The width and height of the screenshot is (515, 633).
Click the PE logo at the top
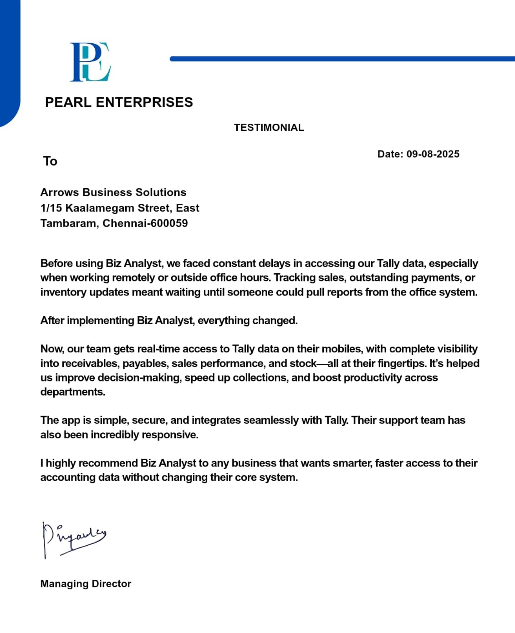pyautogui.click(x=90, y=62)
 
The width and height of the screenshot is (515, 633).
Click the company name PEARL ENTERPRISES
pyautogui.click(x=119, y=102)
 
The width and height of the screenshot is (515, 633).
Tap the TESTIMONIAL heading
pyautogui.click(x=269, y=128)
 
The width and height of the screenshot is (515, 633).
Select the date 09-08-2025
pyautogui.click(x=433, y=154)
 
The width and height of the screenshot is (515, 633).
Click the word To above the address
pyautogui.click(x=50, y=161)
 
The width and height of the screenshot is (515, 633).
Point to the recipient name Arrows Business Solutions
pyautogui.click(x=113, y=192)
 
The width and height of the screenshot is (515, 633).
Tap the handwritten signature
pyautogui.click(x=73, y=538)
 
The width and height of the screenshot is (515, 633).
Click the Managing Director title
pyautogui.click(x=86, y=584)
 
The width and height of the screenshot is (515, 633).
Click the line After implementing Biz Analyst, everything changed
pyautogui.click(x=169, y=321)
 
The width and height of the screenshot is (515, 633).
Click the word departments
pyautogui.click(x=72, y=392)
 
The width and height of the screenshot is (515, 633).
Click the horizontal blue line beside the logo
pyautogui.click(x=342, y=59)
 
